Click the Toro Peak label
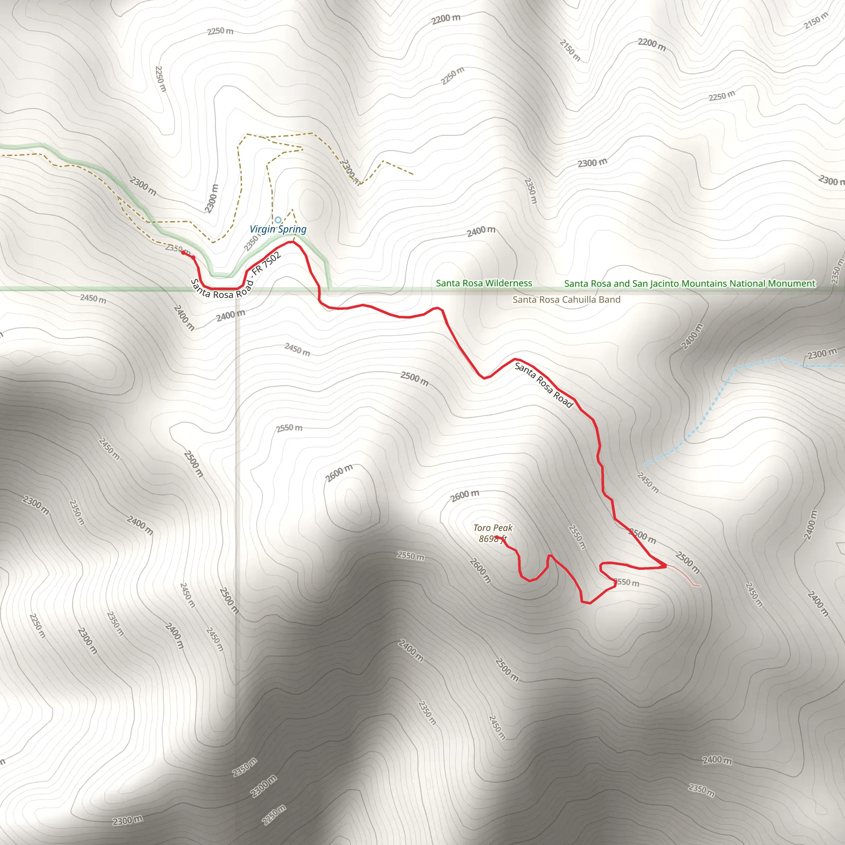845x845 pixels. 493,528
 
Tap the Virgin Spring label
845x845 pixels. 278,229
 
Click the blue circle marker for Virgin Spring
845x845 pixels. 278,220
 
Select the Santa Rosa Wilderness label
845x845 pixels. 484,283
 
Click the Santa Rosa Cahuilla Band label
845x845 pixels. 566,300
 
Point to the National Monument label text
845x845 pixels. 689,283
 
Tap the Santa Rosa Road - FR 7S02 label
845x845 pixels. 236,279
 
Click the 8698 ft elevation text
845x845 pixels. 492,539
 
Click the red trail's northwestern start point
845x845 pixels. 183,253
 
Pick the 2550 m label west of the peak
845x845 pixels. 410,556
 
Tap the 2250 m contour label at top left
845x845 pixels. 220,31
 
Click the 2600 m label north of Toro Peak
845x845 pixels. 465,496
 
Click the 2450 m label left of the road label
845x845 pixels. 93,299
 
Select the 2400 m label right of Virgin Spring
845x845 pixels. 481,231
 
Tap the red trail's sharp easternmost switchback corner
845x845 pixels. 665,566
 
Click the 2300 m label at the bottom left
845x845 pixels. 127,821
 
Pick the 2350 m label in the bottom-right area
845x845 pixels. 701,790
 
